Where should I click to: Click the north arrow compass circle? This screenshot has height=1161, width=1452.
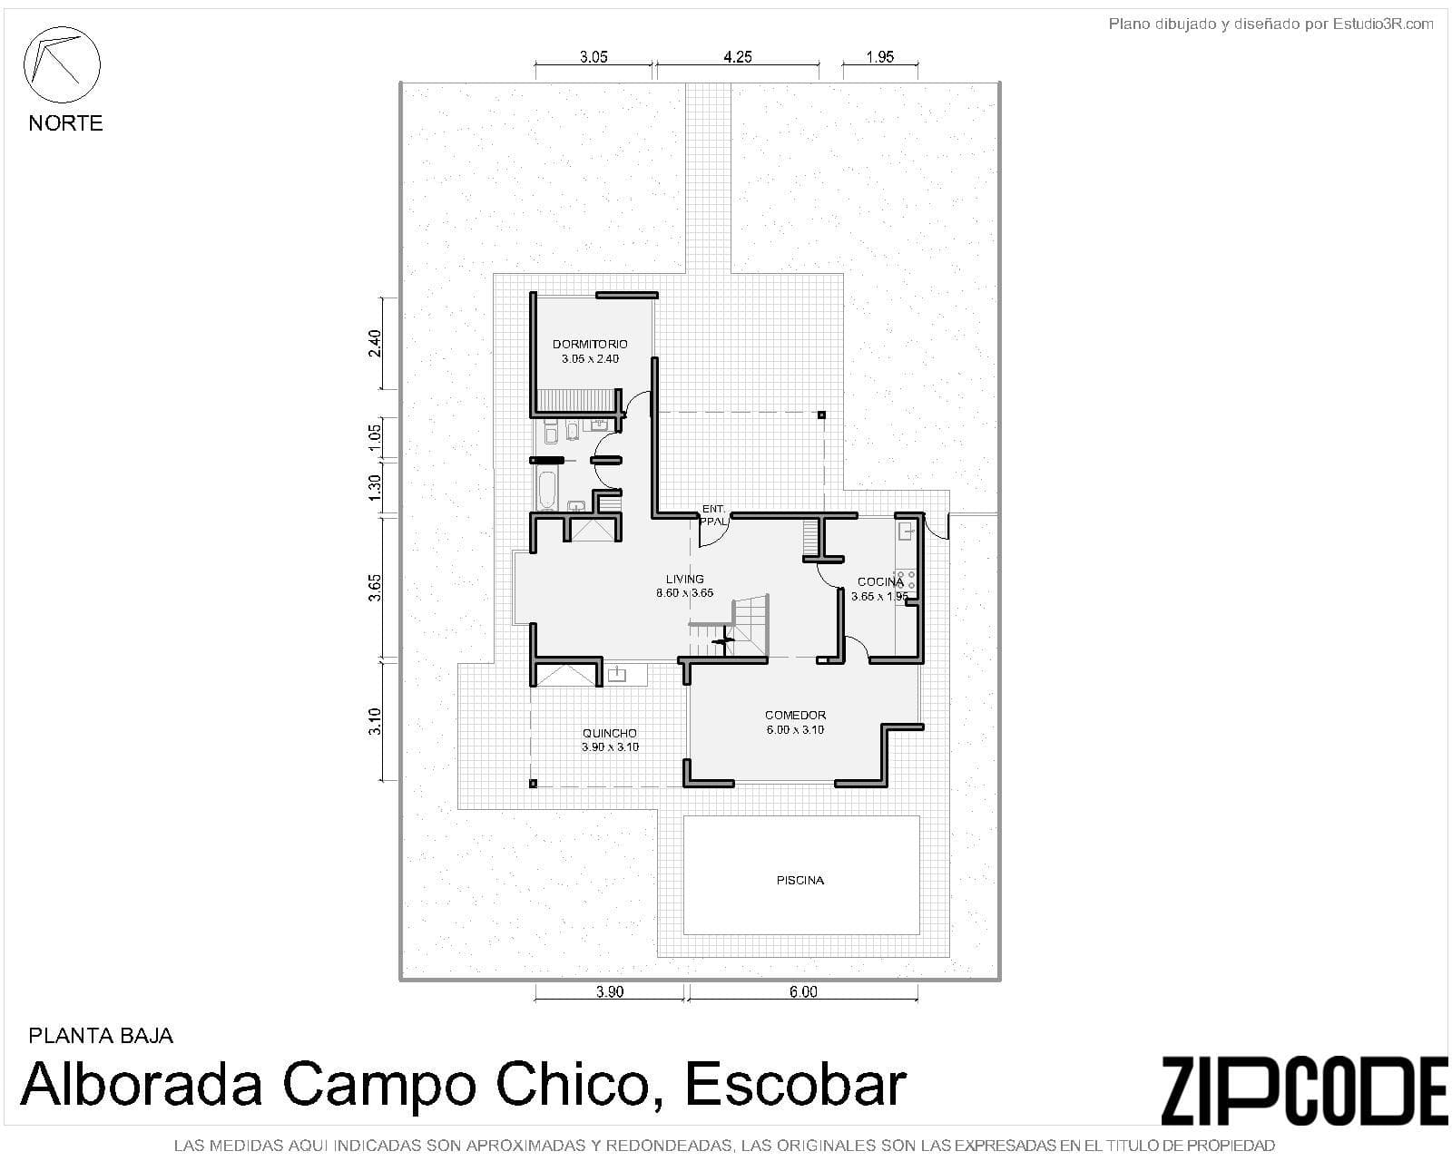(61, 65)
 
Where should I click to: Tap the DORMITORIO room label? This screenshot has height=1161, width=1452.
(590, 345)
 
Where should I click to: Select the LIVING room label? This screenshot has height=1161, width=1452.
(684, 579)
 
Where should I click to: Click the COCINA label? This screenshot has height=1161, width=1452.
(879, 582)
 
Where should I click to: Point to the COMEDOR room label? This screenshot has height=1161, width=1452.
(795, 715)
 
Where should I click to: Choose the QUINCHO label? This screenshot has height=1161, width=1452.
(609, 733)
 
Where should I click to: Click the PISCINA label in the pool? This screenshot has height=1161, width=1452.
(800, 880)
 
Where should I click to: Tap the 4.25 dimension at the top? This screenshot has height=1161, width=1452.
(737, 56)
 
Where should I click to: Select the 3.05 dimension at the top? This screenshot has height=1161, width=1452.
(594, 56)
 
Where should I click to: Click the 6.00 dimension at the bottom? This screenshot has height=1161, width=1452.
(802, 991)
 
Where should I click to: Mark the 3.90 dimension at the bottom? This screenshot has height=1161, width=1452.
(610, 991)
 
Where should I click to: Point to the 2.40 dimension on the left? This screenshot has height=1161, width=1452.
(375, 343)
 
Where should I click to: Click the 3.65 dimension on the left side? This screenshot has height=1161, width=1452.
(375, 587)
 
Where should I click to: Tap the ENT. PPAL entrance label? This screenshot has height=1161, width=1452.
(713, 515)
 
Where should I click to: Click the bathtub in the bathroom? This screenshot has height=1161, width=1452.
(546, 490)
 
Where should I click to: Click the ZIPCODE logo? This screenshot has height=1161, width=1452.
(1304, 1090)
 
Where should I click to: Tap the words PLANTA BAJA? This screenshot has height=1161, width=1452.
(101, 1035)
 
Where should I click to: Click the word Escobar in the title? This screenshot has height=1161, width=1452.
(795, 1083)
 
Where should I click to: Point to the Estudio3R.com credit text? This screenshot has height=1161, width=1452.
(1382, 24)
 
